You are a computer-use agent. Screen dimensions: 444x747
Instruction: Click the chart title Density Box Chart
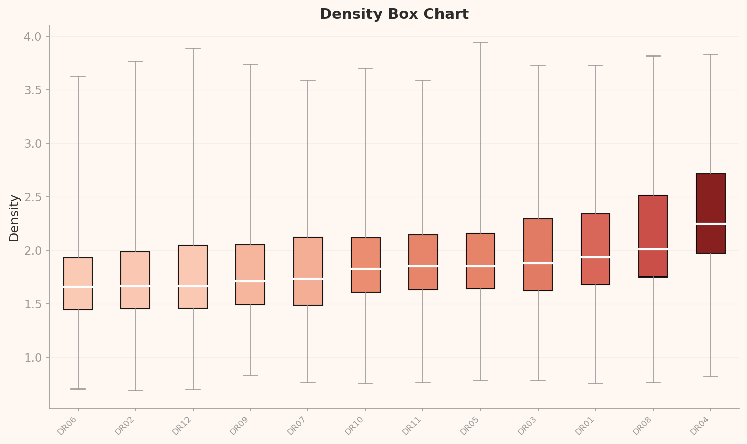394,14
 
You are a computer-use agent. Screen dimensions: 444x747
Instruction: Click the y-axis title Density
14,218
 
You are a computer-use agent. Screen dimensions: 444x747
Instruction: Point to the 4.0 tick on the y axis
35,37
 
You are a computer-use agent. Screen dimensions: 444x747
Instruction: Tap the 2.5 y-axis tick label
35,197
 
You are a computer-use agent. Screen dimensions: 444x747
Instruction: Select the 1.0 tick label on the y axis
35,357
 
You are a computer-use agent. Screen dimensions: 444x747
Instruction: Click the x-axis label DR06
68,426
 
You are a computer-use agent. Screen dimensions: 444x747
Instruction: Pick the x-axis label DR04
700,426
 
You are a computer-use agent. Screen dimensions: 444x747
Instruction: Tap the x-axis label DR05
470,426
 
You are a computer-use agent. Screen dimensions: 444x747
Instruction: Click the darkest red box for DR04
710,197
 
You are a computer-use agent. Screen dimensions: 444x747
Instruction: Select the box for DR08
653,222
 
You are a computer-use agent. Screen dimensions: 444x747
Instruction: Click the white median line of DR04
710,223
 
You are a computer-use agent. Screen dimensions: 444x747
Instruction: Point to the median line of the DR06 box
78,286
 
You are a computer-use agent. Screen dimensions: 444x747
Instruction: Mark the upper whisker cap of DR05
480,42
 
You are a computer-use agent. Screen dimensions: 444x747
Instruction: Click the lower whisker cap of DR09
251,375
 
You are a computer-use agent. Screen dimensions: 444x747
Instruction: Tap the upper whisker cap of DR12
193,48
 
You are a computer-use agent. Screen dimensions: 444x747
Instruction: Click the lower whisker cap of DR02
135,391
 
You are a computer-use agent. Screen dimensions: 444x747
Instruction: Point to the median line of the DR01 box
595,257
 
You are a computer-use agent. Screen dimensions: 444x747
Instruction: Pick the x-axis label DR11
413,426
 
